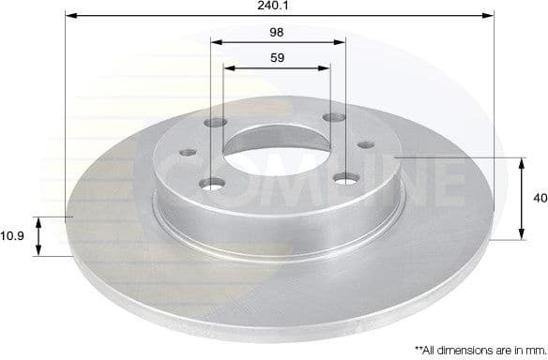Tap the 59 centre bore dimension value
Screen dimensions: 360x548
coord(278,56)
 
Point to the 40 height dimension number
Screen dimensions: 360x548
coord(538,199)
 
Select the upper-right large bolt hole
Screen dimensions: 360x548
coord(333,118)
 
